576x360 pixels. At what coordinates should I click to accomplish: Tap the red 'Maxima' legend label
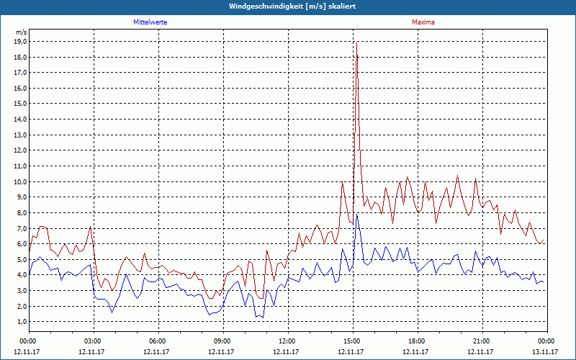click(423, 22)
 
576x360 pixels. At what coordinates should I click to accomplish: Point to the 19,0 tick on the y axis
click(20, 42)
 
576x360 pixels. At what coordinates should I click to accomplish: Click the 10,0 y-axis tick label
click(20, 181)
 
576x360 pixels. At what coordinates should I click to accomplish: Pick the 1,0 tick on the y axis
click(22, 321)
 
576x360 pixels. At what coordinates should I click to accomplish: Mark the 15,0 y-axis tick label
click(20, 104)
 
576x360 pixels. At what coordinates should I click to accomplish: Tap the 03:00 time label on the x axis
click(93, 341)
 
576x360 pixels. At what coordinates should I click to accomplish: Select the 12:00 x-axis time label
click(287, 341)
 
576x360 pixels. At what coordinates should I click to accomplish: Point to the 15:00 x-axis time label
click(352, 341)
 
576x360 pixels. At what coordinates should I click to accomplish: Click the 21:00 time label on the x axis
click(482, 341)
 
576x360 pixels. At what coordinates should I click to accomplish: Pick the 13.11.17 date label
click(546, 351)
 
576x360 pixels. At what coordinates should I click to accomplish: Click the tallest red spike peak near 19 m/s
click(356, 43)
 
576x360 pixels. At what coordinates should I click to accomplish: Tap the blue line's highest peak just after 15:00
click(357, 215)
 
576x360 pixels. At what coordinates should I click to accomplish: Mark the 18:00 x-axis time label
click(417, 341)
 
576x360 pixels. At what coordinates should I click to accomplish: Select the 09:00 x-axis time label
click(222, 341)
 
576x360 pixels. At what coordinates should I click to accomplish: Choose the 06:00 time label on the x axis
click(158, 341)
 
